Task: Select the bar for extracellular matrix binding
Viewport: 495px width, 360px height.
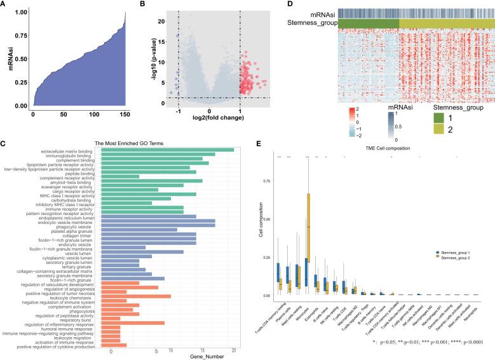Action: click(x=172, y=149)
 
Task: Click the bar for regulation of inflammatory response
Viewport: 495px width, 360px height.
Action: click(x=137, y=323)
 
